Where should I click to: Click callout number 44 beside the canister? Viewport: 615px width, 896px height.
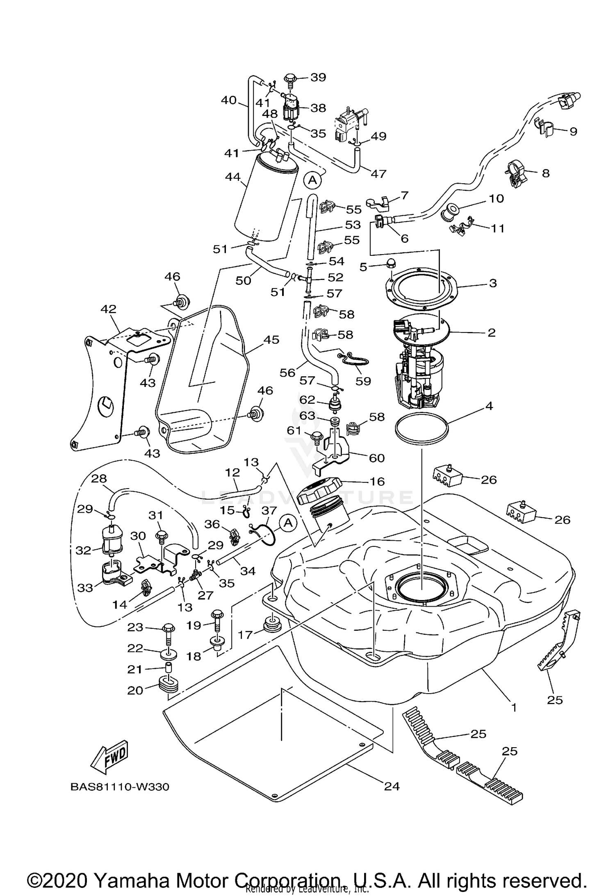coord(232,177)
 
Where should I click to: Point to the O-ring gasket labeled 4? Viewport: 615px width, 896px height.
coord(422,428)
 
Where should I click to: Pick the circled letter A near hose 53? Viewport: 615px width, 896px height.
coord(312,180)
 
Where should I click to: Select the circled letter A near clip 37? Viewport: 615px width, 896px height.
coord(288,523)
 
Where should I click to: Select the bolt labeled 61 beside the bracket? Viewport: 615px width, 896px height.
coord(318,438)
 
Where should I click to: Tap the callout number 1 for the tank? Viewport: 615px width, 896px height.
coord(513,707)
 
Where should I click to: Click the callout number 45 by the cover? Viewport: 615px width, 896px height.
coord(271,339)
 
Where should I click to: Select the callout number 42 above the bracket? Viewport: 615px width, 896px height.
coord(109,309)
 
